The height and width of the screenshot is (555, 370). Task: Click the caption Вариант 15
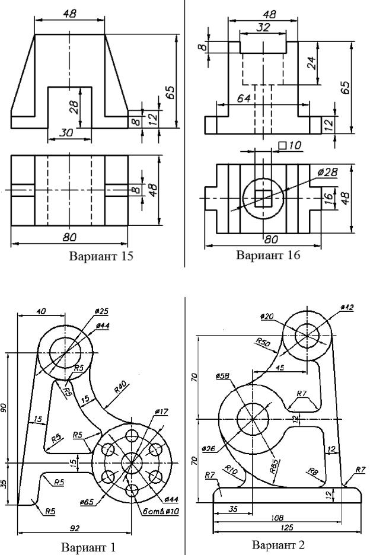101,257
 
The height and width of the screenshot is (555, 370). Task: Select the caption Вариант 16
268,256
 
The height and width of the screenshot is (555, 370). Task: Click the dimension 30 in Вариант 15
67,133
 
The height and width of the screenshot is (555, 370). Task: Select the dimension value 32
263,27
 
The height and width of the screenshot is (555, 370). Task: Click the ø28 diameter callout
327,171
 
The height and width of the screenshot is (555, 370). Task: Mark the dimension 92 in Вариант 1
74,527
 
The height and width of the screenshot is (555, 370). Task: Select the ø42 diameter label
348,307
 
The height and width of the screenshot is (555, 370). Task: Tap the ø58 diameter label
223,376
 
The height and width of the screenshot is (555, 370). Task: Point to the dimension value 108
277,518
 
